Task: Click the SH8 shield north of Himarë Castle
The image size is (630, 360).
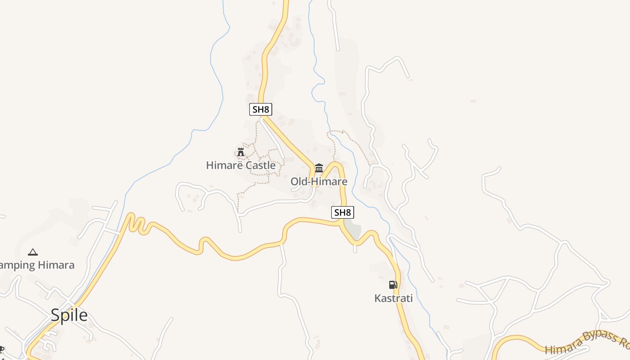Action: (261, 109)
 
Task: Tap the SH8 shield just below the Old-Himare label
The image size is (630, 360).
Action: (342, 212)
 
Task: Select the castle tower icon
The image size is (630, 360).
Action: (241, 152)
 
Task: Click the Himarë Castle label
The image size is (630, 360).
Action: (241, 166)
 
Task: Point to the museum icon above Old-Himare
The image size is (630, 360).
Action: (319, 168)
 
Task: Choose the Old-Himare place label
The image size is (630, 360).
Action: (319, 182)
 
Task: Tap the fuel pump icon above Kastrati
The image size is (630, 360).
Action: (393, 285)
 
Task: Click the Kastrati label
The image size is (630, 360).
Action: (393, 298)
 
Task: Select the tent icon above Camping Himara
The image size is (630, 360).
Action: (32, 252)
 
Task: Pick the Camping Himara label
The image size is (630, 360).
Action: (36, 265)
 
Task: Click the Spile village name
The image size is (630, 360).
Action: (69, 315)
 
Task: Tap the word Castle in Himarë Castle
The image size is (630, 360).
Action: (260, 166)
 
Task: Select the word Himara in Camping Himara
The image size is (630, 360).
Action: (56, 265)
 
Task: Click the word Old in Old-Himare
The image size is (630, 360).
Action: (298, 182)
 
